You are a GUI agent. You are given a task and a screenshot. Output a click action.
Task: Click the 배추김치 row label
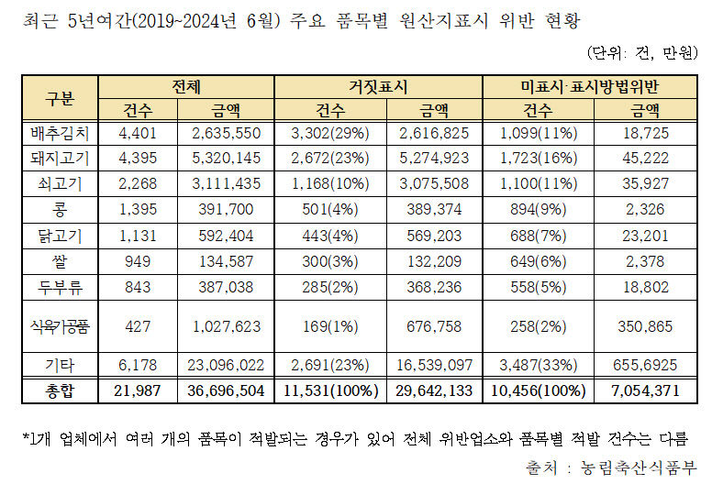coord(60,134)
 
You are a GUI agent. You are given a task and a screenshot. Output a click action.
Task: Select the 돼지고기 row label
coord(60,158)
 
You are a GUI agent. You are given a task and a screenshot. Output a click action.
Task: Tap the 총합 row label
coord(60,390)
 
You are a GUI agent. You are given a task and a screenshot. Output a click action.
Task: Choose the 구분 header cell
coord(60,98)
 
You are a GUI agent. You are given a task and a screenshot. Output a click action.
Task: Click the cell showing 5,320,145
coord(224,158)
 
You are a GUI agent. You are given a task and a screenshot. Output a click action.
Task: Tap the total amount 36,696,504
coord(224,390)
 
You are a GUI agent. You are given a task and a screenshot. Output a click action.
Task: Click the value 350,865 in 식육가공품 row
coord(641,325)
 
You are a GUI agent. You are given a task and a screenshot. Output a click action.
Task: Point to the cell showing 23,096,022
coord(224,366)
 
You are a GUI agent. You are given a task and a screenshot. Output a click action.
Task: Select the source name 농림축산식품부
coord(633,467)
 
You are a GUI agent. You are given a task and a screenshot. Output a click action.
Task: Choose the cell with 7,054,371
coord(641,390)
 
